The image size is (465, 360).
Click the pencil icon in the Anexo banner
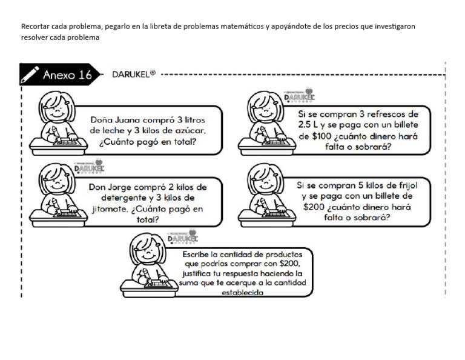30,75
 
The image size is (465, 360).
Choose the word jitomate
110,209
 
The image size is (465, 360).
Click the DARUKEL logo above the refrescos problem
299,97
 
